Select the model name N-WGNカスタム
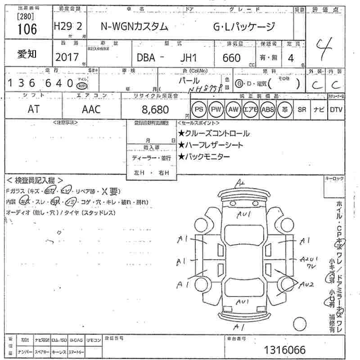click(x=133, y=27)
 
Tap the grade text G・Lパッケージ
click(x=243, y=27)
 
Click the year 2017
click(x=67, y=58)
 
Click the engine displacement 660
click(x=231, y=58)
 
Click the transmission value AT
click(x=33, y=109)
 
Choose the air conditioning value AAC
click(x=91, y=109)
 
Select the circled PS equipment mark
click(x=199, y=109)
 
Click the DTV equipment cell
click(x=336, y=109)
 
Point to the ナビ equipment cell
click(x=319, y=109)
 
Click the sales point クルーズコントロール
click(x=214, y=133)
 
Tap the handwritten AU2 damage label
click(x=306, y=284)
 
